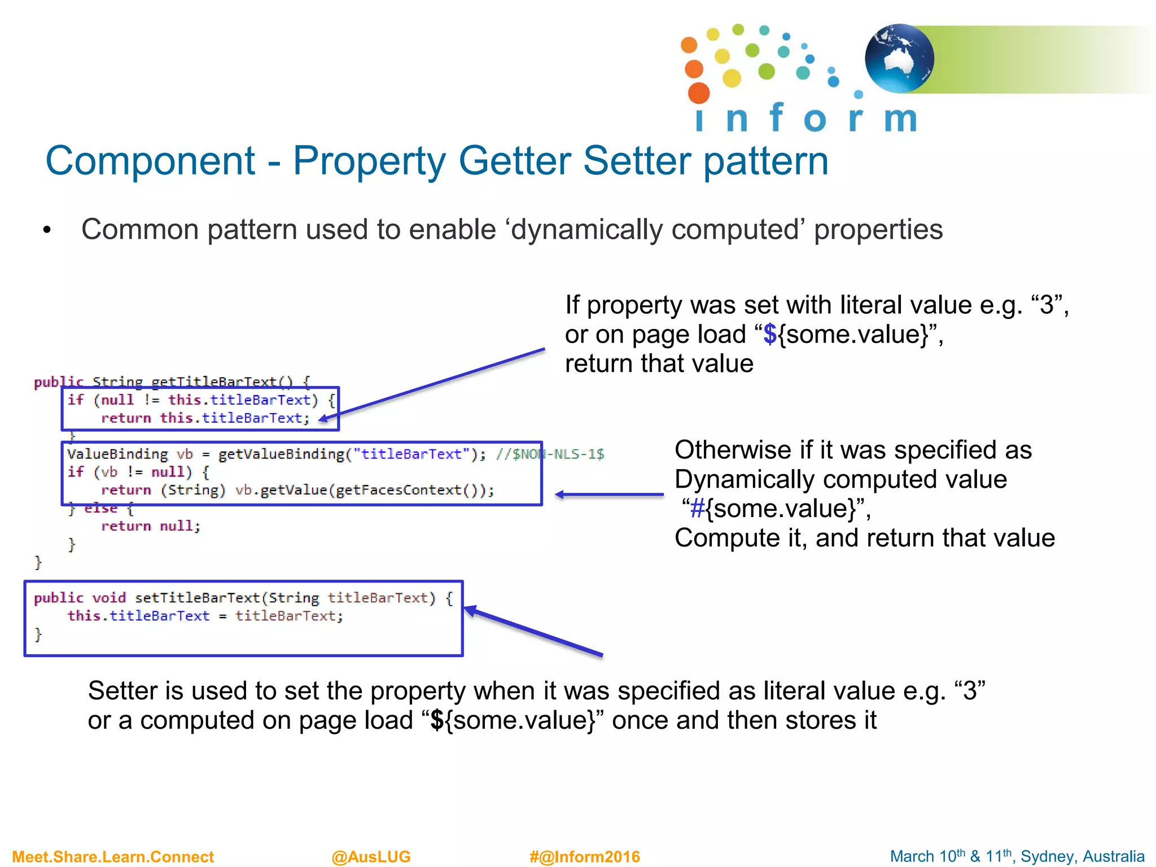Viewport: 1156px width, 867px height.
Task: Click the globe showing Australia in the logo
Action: [x=899, y=58]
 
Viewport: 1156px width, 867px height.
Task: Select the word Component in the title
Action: [x=150, y=161]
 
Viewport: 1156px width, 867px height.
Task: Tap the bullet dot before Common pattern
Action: [x=47, y=230]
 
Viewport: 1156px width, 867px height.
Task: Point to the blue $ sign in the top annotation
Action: [x=769, y=334]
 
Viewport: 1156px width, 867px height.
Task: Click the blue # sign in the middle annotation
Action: [x=698, y=509]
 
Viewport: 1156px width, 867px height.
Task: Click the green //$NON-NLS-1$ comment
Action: [x=550, y=454]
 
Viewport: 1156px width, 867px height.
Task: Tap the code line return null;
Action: [x=150, y=526]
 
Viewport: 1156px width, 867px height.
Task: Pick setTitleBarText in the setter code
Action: [x=198, y=598]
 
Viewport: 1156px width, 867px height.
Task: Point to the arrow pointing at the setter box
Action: [x=533, y=631]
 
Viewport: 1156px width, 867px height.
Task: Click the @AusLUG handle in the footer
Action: [x=371, y=856]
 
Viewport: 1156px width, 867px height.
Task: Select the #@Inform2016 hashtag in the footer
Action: [x=584, y=856]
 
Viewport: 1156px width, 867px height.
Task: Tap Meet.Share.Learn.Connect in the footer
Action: [x=113, y=856]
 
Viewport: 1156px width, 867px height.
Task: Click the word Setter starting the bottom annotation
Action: [x=122, y=691]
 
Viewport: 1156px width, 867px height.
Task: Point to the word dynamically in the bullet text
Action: [x=586, y=230]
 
